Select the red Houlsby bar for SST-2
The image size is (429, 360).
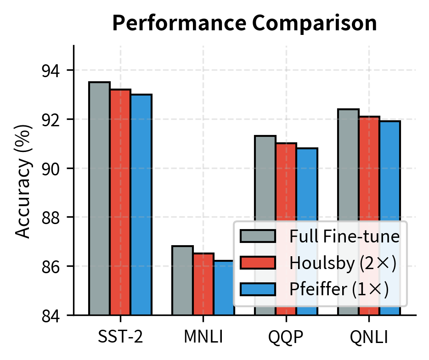120,202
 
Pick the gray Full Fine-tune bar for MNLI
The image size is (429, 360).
182,280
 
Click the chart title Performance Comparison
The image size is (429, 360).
244,23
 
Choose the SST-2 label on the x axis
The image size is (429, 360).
120,337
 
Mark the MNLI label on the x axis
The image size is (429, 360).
203,337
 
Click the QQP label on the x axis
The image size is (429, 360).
286,337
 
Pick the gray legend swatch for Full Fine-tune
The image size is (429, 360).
258,236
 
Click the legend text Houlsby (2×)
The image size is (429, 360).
342,263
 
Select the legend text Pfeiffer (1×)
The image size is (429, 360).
339,289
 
